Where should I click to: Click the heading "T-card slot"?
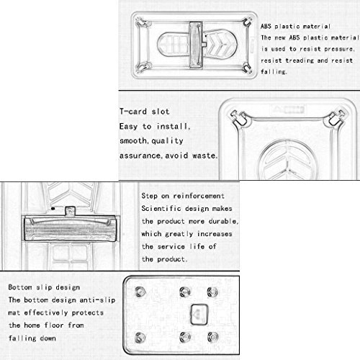tap(145, 112)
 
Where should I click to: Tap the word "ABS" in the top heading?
tap(266, 26)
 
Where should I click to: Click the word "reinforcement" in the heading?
tap(199, 196)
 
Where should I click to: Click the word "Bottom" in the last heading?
tap(20, 287)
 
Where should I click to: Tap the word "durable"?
tap(222, 221)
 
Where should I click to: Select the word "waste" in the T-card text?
tap(204, 156)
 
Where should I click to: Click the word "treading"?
tap(300, 60)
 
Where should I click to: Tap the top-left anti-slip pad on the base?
tap(140, 292)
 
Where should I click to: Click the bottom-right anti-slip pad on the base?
tap(213, 337)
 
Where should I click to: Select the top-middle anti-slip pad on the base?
tap(185, 292)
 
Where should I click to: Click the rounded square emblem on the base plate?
tap(199, 314)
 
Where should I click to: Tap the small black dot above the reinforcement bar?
tap(53, 209)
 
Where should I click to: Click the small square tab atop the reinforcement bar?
tap(70, 211)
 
